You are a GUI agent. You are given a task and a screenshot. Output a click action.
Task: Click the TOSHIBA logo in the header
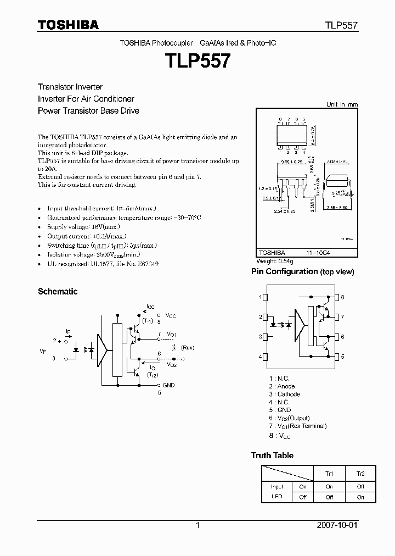pos(68,25)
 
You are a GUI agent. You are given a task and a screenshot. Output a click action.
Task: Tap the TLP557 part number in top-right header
pos(342,25)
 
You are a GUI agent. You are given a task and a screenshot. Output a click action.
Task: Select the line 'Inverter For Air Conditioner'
pos(86,99)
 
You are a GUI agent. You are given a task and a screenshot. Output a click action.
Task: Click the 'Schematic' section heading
pos(58,292)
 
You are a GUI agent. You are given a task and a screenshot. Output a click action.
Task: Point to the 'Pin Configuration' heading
pos(284,271)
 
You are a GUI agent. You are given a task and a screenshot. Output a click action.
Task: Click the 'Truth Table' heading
pos(272,455)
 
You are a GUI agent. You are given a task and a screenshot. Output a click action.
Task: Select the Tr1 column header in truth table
pos(329,474)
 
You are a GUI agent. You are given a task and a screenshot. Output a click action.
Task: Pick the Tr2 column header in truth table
pos(360,474)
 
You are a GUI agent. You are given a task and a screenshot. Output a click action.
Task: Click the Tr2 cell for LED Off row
pos(360,497)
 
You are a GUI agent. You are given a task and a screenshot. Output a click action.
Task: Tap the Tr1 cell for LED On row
pos(329,486)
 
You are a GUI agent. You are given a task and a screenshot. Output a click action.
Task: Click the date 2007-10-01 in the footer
pos(337,525)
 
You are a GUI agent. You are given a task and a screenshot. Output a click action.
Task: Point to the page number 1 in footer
pos(198,525)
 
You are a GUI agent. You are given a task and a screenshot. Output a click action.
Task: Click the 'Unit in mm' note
pos(341,104)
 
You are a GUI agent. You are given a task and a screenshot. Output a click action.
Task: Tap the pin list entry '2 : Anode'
pos(282,386)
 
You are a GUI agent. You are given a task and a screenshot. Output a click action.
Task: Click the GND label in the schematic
pos(168,385)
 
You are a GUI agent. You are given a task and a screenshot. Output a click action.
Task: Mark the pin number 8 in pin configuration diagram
pos(342,297)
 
